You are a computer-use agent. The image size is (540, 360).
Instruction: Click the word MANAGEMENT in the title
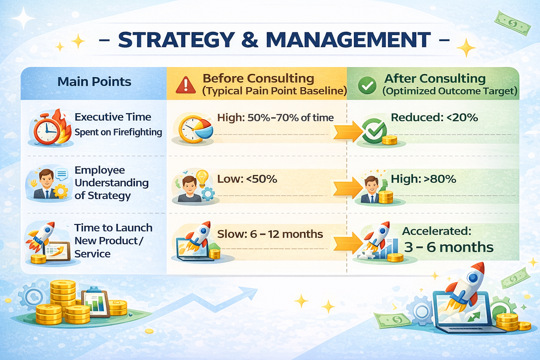pyautogui.click(x=348, y=40)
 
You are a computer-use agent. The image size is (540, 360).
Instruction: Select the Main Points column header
pyautogui.click(x=94, y=82)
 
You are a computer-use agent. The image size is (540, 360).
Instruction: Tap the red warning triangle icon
pyautogui.click(x=186, y=85)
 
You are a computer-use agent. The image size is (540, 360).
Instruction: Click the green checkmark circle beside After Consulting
pyautogui.click(x=367, y=85)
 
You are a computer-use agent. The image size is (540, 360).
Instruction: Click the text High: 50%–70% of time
pyautogui.click(x=275, y=118)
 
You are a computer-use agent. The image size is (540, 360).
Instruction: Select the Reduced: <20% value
pyautogui.click(x=434, y=117)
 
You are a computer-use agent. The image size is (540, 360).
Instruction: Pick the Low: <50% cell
pyautogui.click(x=247, y=179)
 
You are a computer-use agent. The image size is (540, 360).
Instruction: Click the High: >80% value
pyautogui.click(x=423, y=179)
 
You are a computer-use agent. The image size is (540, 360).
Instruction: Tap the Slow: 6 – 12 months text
pyautogui.click(x=270, y=234)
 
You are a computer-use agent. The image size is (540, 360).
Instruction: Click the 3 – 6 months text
pyautogui.click(x=449, y=247)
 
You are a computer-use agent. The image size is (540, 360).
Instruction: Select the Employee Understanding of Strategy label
pyautogui.click(x=111, y=183)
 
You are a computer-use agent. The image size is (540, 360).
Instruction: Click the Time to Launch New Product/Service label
pyautogui.click(x=113, y=241)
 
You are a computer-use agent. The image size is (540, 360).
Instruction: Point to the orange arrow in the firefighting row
pyautogui.click(x=347, y=132)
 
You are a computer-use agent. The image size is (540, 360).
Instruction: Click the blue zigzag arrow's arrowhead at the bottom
pyautogui.click(x=250, y=293)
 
